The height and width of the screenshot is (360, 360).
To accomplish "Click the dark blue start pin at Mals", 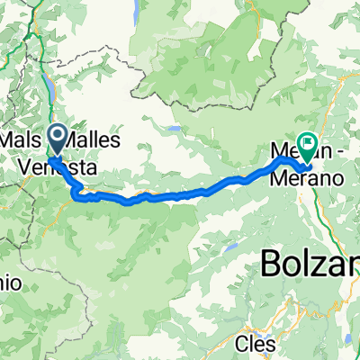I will tap(58, 139).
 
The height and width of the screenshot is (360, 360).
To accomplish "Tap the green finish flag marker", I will tap(307, 141).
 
